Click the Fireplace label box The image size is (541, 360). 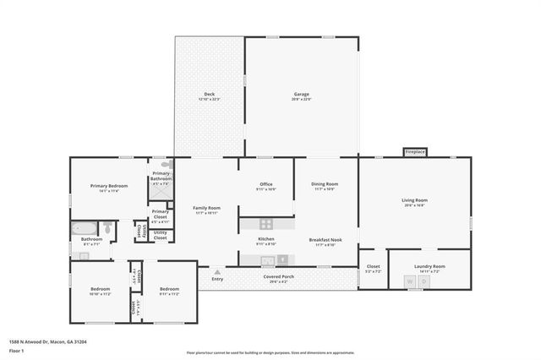[415, 152]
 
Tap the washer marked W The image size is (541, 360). [410, 281]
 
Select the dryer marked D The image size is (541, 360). [424, 281]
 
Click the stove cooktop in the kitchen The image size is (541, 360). [266, 224]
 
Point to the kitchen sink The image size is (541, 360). [267, 260]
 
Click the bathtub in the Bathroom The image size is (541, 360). [85, 227]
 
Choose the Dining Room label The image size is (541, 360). [325, 186]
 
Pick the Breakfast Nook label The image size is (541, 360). [325, 241]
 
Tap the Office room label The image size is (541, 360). [266, 186]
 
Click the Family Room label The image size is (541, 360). [206, 210]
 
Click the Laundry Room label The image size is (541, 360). [429, 268]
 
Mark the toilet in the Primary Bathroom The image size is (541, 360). [166, 166]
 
